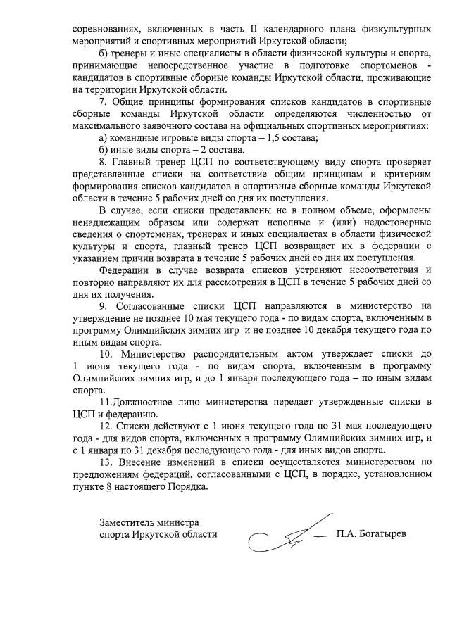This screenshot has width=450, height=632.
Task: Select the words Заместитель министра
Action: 149,522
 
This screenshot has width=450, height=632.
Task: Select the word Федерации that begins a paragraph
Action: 127,269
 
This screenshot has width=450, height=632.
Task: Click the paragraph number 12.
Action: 105,426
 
